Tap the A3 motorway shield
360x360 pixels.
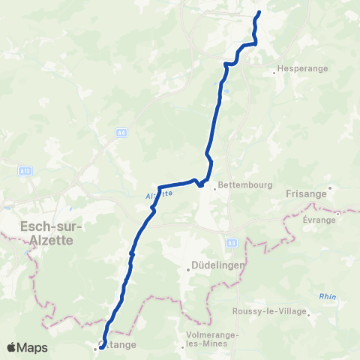(x=231, y=243)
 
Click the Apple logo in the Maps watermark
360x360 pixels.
(x=12, y=348)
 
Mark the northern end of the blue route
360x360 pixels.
(x=259, y=12)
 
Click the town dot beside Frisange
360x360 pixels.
(x=331, y=187)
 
